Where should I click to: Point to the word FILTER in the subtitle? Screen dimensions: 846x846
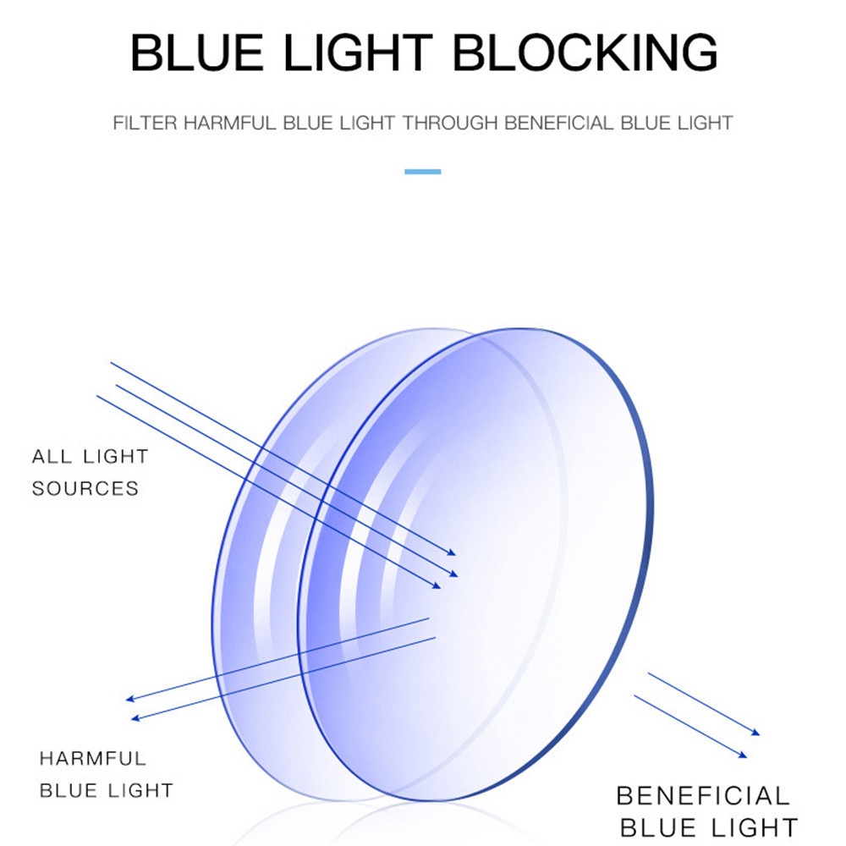pos(145,123)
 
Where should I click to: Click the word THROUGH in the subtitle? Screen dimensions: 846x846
pos(449,123)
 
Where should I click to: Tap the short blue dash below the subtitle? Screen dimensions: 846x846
pos(422,172)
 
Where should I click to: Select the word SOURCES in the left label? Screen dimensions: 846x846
pos(85,489)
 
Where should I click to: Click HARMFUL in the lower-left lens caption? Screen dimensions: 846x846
pos(93,758)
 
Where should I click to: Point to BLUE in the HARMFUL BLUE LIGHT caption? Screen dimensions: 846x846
pos(69,791)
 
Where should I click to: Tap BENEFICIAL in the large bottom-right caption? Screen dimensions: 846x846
pos(702,796)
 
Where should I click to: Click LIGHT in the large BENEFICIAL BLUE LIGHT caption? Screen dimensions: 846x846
pos(755,827)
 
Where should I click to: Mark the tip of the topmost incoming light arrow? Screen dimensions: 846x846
pos(456,554)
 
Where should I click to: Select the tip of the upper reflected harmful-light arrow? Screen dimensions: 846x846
pos(125,700)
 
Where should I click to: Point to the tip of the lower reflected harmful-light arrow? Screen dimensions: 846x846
pos(131,719)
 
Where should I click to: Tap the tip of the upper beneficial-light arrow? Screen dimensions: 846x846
pos(760,733)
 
